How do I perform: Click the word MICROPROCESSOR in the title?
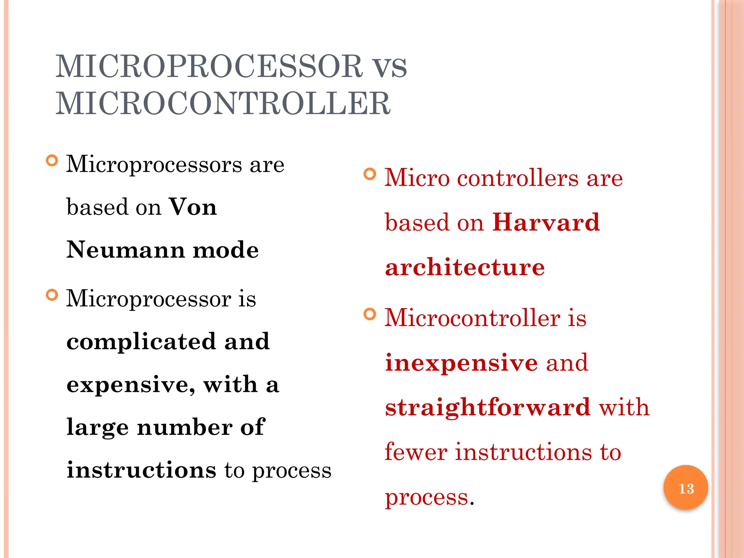[209, 66]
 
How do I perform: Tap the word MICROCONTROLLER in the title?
[223, 104]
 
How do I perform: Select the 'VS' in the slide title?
[390, 68]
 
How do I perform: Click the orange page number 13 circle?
[686, 488]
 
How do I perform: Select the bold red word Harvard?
[546, 222]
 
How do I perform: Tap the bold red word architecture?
[465, 267]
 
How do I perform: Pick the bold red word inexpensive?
[461, 363]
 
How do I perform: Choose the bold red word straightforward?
[488, 407]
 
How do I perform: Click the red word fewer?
[416, 452]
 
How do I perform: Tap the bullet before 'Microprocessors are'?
[52, 160]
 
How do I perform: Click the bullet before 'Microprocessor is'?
[52, 295]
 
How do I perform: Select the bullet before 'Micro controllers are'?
[370, 174]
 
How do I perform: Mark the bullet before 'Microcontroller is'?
[370, 314]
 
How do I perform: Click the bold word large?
[97, 428]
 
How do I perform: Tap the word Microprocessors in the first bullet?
[154, 165]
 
